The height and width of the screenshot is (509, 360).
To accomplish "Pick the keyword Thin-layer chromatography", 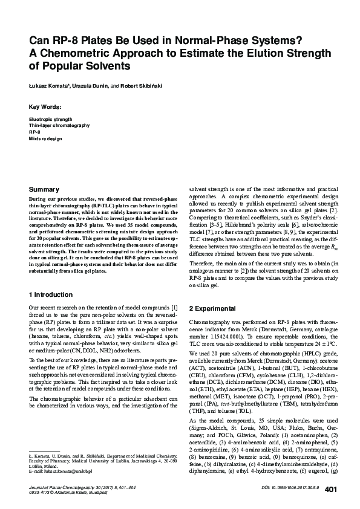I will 59,126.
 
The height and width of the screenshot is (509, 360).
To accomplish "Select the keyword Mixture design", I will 45,138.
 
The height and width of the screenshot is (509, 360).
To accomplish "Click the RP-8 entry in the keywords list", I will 34,132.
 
